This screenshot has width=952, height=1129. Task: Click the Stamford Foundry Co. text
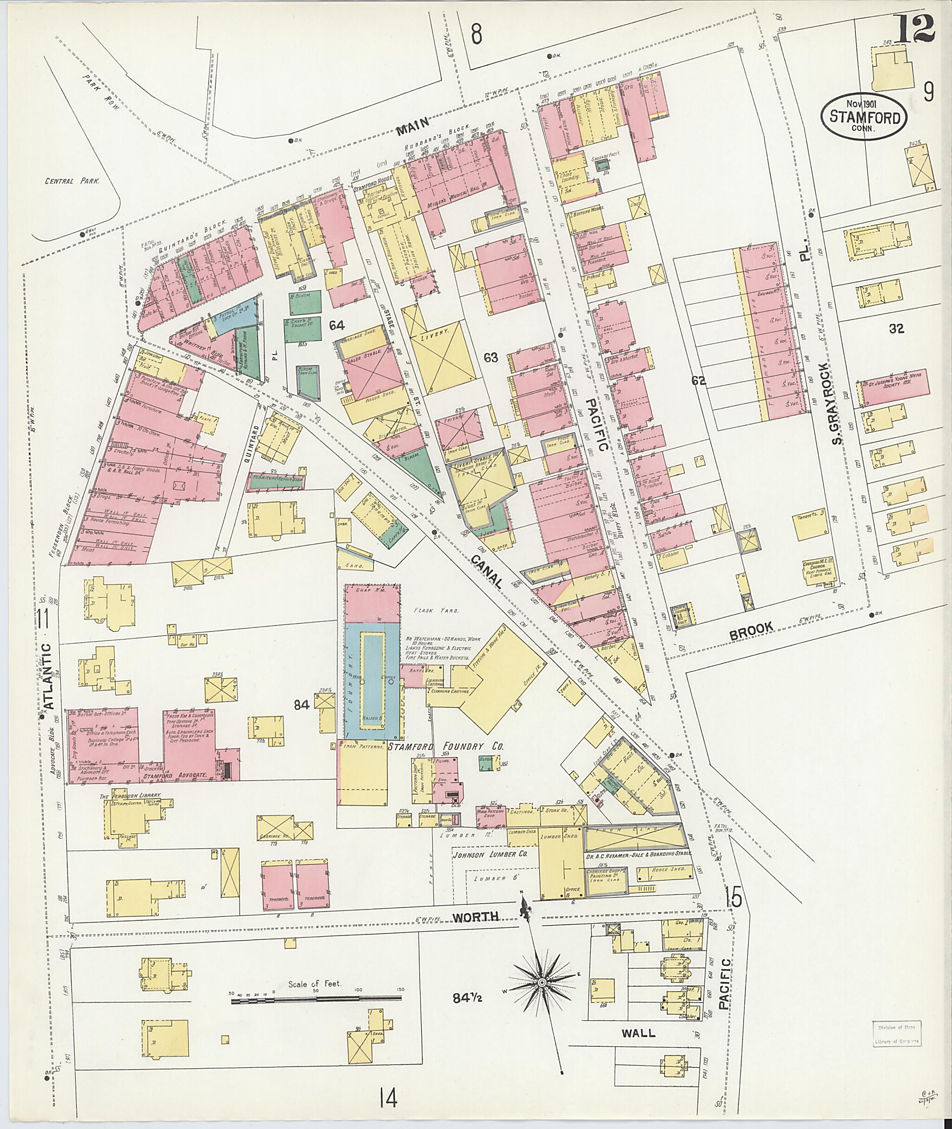point(446,747)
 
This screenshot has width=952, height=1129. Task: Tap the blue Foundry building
point(372,680)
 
